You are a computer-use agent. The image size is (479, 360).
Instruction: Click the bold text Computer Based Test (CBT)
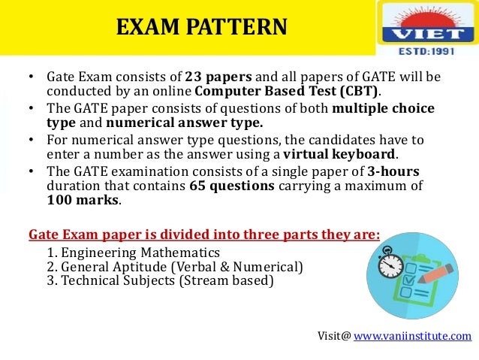pos(287,92)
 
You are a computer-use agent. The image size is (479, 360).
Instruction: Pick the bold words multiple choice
pos(383,108)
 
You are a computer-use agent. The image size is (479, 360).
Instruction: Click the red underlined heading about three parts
pos(204,233)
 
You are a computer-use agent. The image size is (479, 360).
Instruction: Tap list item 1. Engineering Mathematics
pos(133,253)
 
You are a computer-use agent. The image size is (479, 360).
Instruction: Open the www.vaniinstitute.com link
pos(412,335)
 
